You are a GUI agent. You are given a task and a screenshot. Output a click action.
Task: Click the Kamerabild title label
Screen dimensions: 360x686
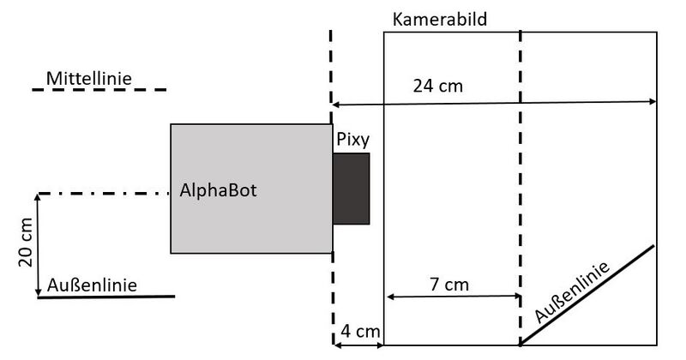click(439, 19)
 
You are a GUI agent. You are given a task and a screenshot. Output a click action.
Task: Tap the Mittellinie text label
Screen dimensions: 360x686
click(89, 79)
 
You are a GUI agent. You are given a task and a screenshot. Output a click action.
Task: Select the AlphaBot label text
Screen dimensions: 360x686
click(219, 190)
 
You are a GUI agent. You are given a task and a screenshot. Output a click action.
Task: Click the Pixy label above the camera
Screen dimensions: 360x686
click(353, 138)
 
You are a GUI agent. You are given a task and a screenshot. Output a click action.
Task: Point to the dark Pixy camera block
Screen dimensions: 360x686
click(352, 189)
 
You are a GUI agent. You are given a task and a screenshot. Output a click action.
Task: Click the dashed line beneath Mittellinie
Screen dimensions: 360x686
click(99, 89)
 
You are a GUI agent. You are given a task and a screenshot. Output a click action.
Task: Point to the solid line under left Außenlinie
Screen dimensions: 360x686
click(106, 297)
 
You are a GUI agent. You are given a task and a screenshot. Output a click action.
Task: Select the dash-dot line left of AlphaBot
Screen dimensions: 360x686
click(103, 194)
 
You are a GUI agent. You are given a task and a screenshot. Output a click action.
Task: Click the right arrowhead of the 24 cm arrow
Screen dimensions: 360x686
click(652, 101)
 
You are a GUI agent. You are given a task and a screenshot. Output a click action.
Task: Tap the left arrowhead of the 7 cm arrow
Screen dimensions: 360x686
click(390, 297)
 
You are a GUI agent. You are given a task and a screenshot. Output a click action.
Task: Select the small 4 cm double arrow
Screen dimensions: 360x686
click(358, 345)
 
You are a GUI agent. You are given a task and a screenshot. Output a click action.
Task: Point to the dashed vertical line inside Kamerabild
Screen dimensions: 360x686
click(520, 189)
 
